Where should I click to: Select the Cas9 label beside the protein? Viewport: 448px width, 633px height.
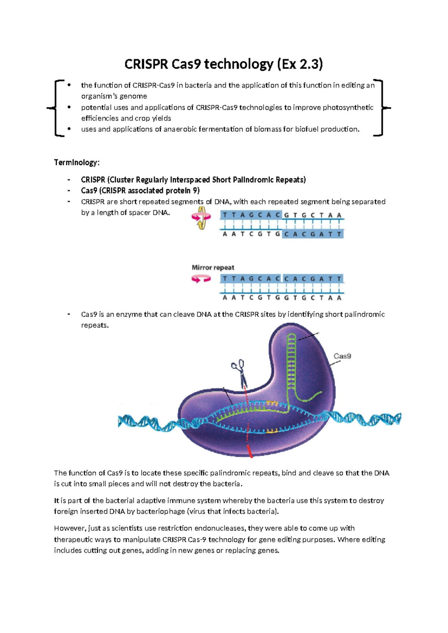pos(342,356)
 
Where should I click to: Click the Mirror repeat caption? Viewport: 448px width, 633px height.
pos(213,268)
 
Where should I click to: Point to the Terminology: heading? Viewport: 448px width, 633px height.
pos(77,162)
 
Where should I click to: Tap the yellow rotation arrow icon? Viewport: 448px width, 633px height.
pos(202,218)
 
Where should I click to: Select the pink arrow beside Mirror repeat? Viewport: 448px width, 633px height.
pos(201,279)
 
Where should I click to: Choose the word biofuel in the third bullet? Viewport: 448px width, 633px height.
pos(307,129)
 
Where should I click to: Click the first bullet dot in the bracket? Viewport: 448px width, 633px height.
pos(69,85)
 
